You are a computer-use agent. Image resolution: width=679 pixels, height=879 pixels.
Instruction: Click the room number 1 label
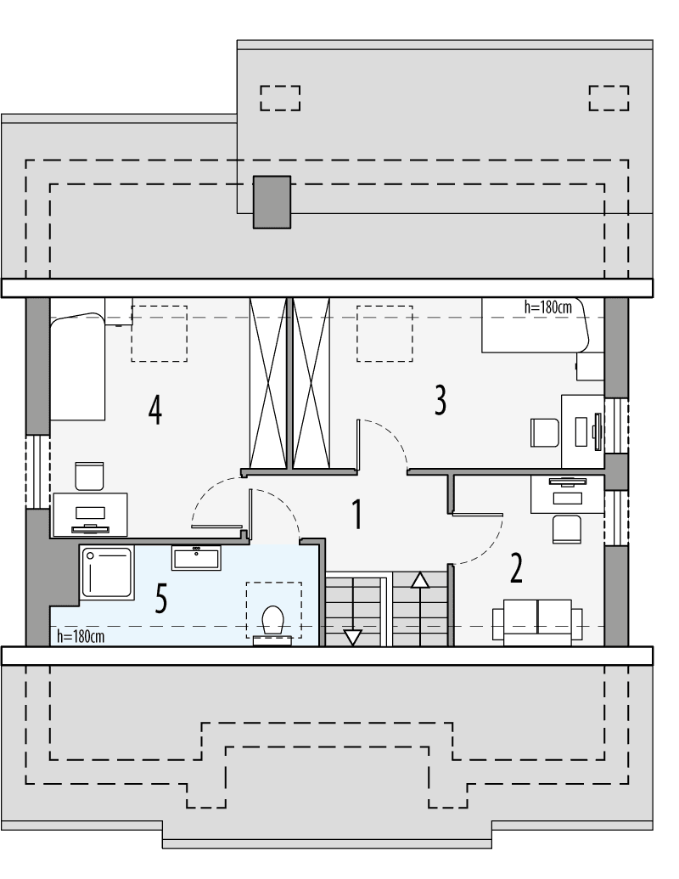pyautogui.click(x=357, y=514)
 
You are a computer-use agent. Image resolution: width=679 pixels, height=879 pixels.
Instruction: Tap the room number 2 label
pyautogui.click(x=516, y=568)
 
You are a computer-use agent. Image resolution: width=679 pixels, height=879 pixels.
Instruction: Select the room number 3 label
pyautogui.click(x=440, y=400)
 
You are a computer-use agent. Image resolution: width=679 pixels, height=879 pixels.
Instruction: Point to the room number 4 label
pyautogui.click(x=154, y=410)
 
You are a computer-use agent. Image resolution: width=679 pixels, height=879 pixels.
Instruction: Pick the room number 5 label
pyautogui.click(x=161, y=599)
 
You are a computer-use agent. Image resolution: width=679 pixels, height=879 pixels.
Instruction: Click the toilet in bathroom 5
pyautogui.click(x=272, y=621)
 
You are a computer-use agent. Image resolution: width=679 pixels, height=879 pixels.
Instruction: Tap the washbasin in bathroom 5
pyautogui.click(x=196, y=558)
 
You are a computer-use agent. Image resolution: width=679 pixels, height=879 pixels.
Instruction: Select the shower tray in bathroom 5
pyautogui.click(x=107, y=573)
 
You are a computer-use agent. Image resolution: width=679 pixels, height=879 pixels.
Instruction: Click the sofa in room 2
pyautogui.click(x=537, y=621)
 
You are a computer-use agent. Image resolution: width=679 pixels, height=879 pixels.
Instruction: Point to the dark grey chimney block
pyautogui.click(x=272, y=201)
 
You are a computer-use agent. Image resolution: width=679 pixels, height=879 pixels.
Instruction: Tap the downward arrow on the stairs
pyautogui.click(x=352, y=636)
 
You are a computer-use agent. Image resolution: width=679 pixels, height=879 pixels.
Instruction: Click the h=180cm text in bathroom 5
pyautogui.click(x=81, y=635)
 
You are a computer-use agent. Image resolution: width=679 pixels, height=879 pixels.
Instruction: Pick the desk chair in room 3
pyautogui.click(x=544, y=431)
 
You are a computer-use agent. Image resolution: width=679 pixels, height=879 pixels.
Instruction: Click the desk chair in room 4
pyautogui.click(x=89, y=476)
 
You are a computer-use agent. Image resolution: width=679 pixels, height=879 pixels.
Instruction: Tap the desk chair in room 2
pyautogui.click(x=566, y=528)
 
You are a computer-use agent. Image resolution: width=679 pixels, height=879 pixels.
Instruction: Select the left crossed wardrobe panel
pyautogui.click(x=267, y=382)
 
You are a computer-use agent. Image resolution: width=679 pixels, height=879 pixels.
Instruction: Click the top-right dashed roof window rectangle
pyautogui.click(x=609, y=98)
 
